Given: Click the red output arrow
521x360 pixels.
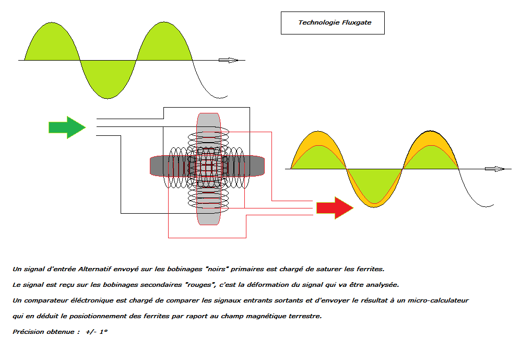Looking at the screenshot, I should click(x=335, y=208).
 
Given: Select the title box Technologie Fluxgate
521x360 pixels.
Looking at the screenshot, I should click(x=333, y=23).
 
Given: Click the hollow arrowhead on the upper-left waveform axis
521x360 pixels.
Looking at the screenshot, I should click(x=228, y=60).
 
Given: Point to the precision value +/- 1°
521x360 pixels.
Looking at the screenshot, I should click(x=96, y=332).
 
